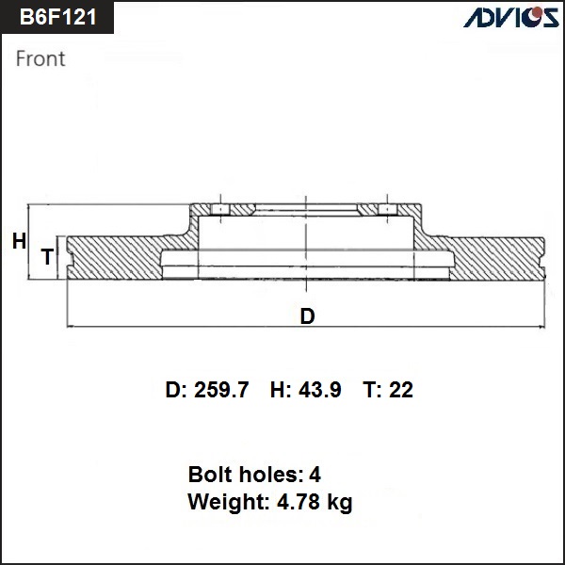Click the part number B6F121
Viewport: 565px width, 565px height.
pyautogui.click(x=58, y=17)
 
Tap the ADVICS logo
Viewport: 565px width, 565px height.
pyautogui.click(x=511, y=17)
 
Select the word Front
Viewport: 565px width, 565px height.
pyautogui.click(x=40, y=58)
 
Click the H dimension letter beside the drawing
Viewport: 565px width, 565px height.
pyautogui.click(x=19, y=241)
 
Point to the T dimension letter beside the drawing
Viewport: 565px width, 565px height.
pyautogui.click(x=48, y=257)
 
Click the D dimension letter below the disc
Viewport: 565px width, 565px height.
pyautogui.click(x=307, y=316)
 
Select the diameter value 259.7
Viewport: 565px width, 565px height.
pyautogui.click(x=221, y=390)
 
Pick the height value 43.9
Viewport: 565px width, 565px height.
pyautogui.click(x=320, y=390)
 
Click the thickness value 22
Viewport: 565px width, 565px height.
pyautogui.click(x=401, y=390)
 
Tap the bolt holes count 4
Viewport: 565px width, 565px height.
pyautogui.click(x=315, y=475)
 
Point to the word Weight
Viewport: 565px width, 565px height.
pyautogui.click(x=229, y=502)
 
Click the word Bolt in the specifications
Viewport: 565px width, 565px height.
pyautogui.click(x=209, y=475)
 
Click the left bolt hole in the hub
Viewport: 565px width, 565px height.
pyautogui.click(x=220, y=209)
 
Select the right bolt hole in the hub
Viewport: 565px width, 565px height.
pyautogui.click(x=387, y=209)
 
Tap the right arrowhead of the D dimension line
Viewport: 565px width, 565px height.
pyautogui.click(x=541, y=327)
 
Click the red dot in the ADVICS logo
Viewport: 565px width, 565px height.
pyautogui.click(x=538, y=12)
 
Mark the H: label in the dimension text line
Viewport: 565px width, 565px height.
pyautogui.click(x=281, y=390)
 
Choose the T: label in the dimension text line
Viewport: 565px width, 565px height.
pyautogui.click(x=373, y=390)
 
